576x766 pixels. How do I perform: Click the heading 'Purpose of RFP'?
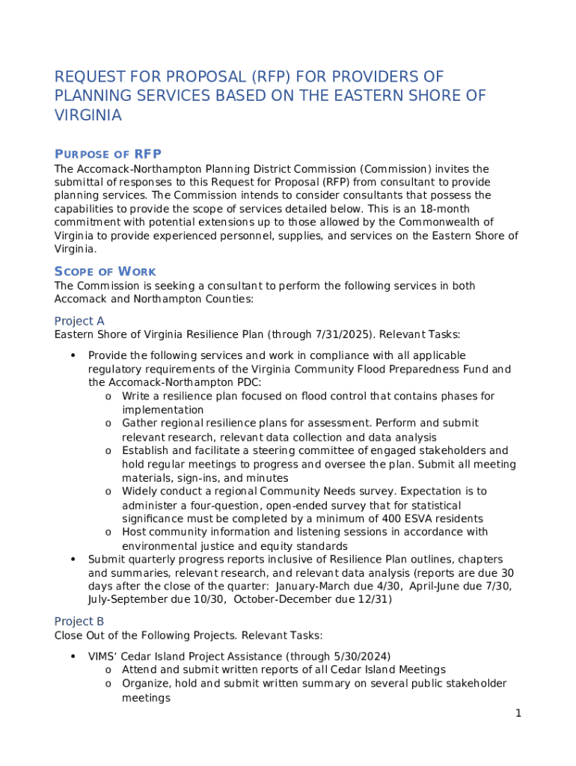point(108,154)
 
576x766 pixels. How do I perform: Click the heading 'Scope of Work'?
point(105,271)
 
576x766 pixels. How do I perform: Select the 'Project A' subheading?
point(79,320)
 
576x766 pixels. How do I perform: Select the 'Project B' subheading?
point(79,622)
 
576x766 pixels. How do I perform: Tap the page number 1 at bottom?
point(518,713)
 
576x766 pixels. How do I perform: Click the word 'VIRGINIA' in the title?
point(88,115)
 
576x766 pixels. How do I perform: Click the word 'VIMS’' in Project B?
point(105,656)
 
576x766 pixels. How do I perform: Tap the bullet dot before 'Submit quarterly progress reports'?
point(73,560)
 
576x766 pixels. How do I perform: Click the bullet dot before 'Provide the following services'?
point(73,355)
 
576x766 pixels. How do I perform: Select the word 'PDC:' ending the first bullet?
point(248,382)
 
